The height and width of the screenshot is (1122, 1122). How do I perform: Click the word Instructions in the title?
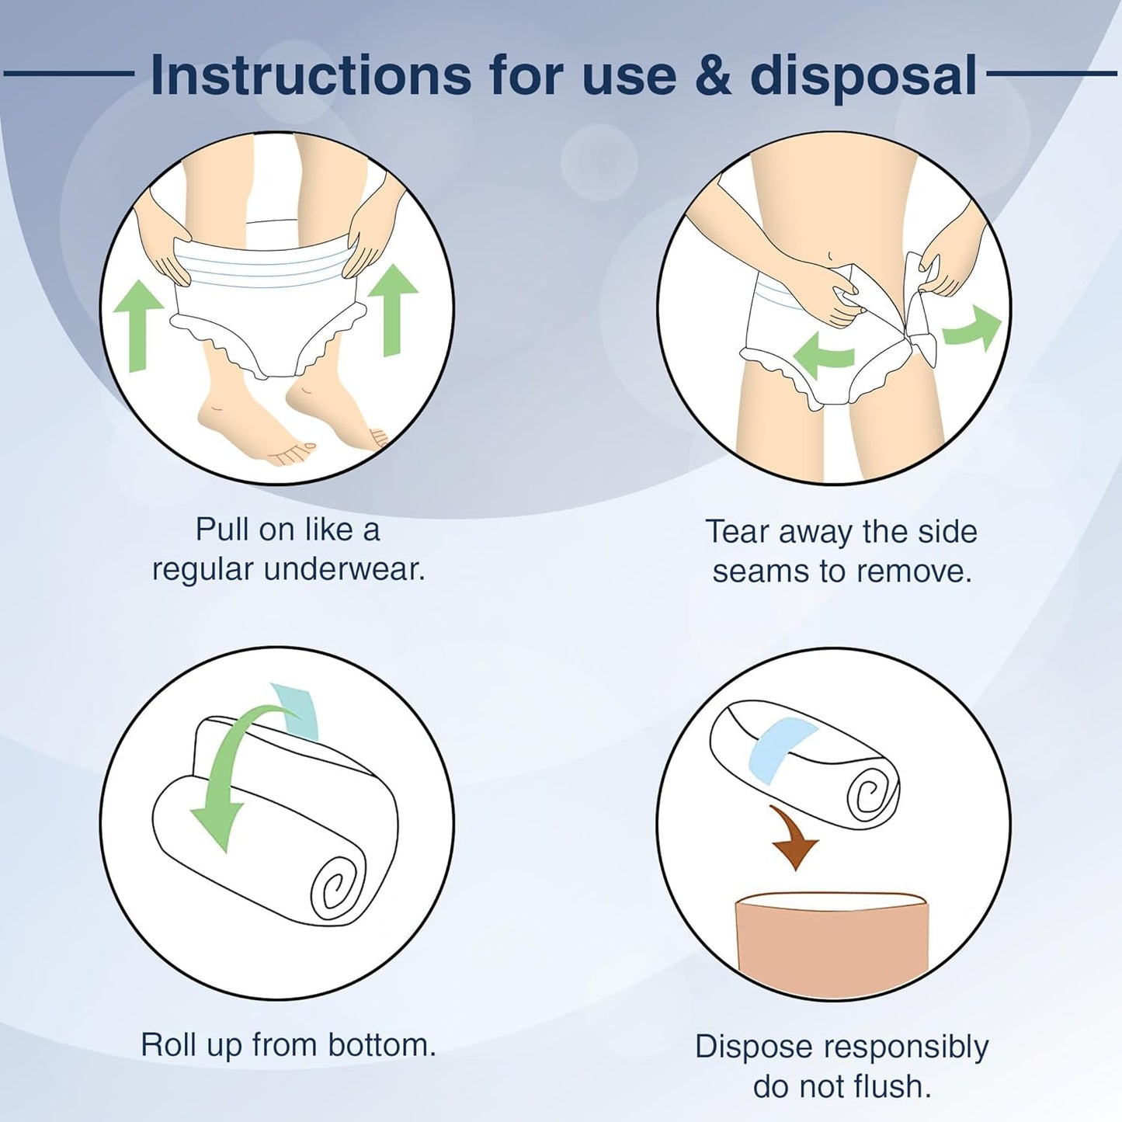click(311, 75)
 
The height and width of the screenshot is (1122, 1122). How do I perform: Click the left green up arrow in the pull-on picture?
click(137, 325)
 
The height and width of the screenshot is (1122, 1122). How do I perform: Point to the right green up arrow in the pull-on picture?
click(394, 310)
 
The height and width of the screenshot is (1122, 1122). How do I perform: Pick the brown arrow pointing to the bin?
click(794, 839)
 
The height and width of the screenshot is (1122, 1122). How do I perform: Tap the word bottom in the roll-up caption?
click(382, 1045)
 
